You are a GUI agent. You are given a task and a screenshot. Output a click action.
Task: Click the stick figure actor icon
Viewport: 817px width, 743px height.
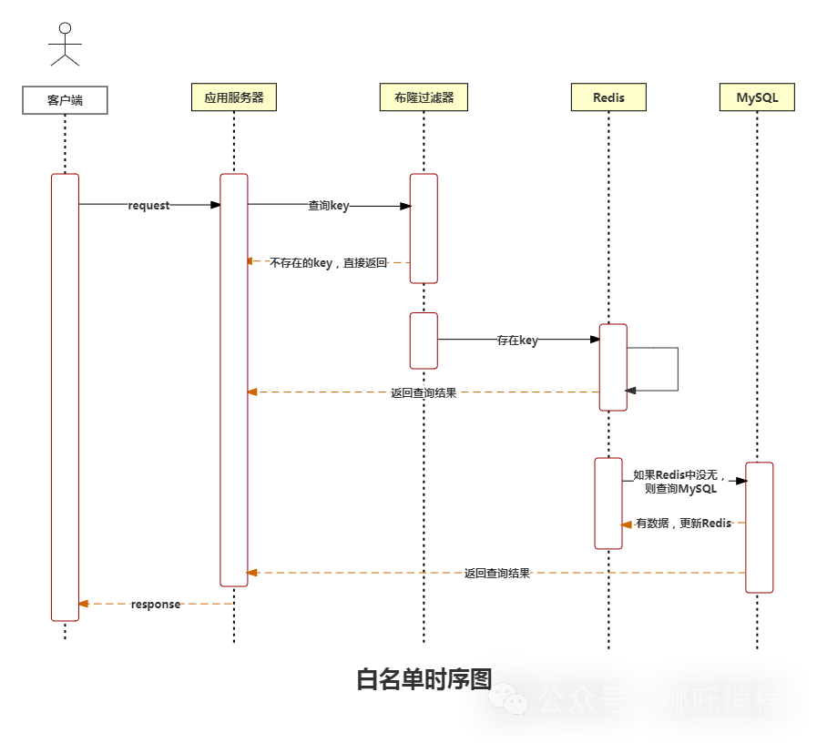[65, 45]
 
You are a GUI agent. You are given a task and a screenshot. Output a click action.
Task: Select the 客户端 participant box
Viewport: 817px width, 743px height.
[65, 100]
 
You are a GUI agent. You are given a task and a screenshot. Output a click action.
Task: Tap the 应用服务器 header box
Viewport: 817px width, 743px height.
[234, 97]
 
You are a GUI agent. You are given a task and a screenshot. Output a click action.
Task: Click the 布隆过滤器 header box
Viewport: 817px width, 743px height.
[424, 97]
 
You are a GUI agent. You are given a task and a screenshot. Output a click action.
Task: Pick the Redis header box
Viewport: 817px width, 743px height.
[608, 97]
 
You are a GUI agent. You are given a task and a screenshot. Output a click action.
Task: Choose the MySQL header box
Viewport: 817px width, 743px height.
[757, 97]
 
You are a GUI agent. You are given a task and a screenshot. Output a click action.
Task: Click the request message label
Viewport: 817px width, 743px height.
[148, 206]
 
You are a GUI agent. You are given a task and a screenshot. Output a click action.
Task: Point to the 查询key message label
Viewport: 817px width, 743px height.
[328, 206]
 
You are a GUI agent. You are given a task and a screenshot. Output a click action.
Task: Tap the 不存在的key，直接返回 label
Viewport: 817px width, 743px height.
[329, 262]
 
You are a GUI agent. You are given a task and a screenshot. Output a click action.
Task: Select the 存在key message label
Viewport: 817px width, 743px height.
[516, 340]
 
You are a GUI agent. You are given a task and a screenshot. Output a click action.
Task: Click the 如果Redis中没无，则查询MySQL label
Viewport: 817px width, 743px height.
[680, 482]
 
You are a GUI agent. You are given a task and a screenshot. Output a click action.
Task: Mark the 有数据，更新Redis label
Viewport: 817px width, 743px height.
[683, 523]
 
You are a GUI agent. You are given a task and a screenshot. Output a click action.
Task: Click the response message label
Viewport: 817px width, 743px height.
[156, 604]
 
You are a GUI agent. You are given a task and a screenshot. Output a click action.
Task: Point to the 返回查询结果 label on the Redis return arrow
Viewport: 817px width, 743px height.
[424, 393]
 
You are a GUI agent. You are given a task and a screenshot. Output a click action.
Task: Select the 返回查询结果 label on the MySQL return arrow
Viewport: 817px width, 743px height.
[496, 574]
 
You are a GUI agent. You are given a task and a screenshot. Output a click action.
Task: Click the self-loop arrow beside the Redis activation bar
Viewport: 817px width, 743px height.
[677, 369]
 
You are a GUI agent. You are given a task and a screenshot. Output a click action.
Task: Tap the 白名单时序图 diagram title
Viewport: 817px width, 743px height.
[424, 679]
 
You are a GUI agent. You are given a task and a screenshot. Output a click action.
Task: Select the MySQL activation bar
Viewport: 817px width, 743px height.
[759, 527]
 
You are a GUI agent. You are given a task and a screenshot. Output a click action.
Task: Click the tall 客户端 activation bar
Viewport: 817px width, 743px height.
[65, 397]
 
